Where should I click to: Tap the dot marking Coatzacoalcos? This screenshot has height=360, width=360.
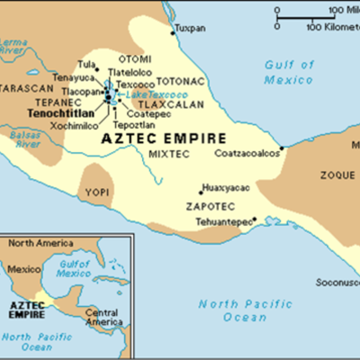(283, 148)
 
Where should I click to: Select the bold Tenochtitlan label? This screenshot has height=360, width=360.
(61, 115)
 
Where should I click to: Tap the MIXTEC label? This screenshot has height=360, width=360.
(163, 154)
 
